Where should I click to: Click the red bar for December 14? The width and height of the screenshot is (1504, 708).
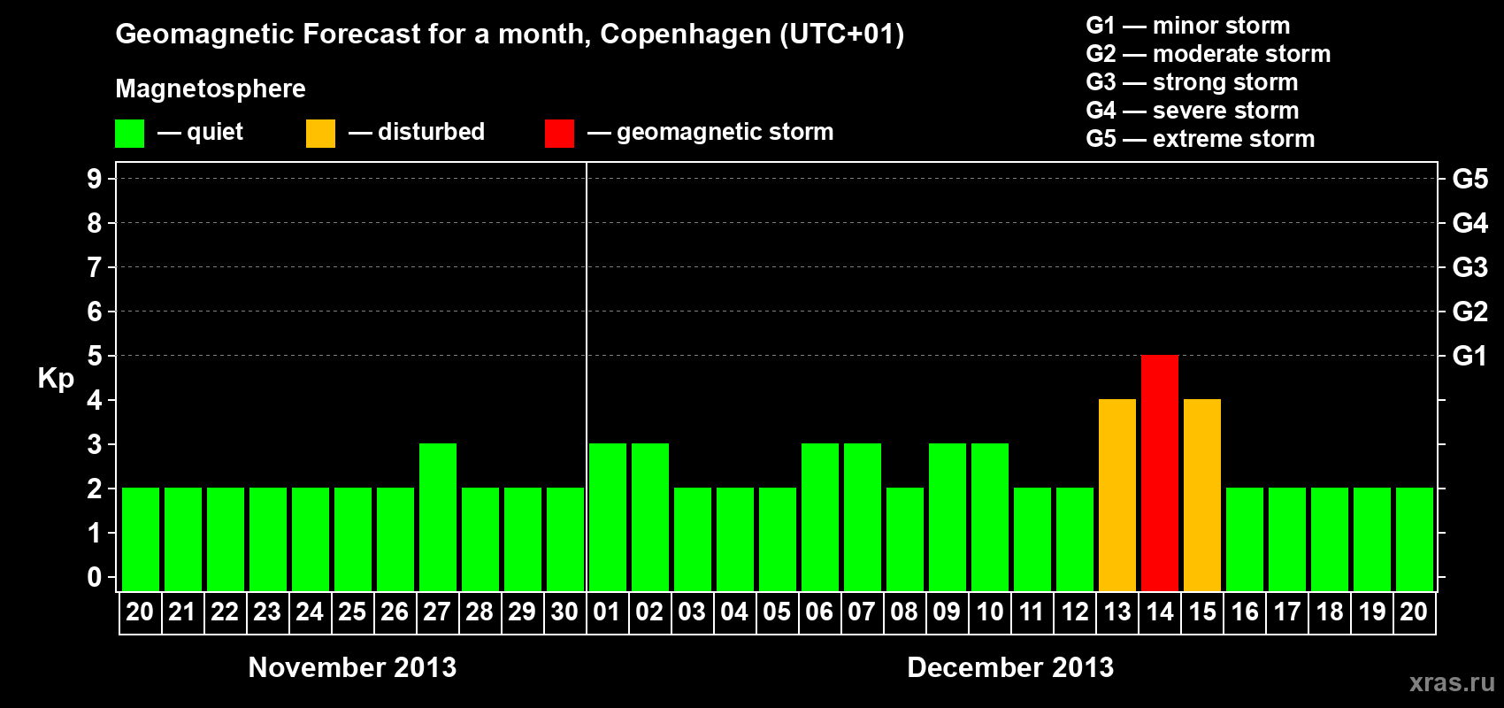(1159, 473)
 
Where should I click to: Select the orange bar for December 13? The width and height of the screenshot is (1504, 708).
(1116, 495)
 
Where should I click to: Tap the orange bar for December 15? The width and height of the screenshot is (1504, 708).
(1201, 495)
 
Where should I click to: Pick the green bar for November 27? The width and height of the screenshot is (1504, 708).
(437, 517)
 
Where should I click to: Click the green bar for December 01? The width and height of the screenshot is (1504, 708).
(607, 517)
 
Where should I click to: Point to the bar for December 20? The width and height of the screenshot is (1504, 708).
(1414, 539)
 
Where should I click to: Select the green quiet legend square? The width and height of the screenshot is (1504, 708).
(129, 133)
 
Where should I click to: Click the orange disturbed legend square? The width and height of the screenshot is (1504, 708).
(320, 133)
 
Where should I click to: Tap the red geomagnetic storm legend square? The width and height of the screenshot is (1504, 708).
(559, 133)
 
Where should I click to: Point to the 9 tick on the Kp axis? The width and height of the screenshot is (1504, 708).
(95, 179)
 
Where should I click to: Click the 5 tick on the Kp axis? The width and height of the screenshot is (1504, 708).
(95, 356)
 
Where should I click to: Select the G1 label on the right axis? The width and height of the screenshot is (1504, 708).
(1469, 356)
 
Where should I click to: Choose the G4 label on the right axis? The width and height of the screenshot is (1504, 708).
(1469, 223)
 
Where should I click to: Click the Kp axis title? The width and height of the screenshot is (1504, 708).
(56, 379)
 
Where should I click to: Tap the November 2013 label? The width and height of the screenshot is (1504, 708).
(352, 667)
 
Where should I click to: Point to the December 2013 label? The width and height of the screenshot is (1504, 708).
(1010, 667)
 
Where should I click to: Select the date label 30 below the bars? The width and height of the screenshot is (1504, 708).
(564, 612)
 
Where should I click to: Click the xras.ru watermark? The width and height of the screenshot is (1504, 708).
(1452, 682)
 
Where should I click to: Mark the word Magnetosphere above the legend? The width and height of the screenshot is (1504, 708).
(211, 88)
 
